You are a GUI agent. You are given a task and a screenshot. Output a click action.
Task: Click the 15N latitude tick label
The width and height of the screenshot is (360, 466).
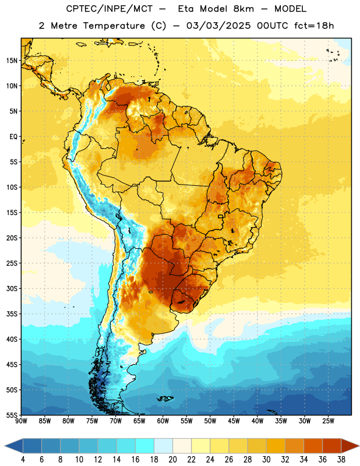point(12,61)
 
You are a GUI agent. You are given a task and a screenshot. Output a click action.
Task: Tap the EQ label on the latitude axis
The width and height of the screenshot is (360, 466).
point(13,137)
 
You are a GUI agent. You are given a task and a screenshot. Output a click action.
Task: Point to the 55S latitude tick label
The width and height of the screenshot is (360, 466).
point(12,415)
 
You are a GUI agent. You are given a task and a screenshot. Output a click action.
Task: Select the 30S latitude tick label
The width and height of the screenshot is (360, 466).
point(12,288)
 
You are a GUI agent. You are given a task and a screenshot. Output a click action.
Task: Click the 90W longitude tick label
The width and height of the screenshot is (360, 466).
point(22,421)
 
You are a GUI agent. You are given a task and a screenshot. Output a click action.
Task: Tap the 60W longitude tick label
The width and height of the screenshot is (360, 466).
point(163,421)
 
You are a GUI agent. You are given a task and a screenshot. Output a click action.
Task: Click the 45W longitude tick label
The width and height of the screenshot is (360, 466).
point(234,421)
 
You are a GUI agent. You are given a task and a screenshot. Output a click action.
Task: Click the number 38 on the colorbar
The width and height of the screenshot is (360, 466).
point(341,460)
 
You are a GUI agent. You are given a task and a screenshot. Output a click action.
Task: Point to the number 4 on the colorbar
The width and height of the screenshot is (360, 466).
point(23,460)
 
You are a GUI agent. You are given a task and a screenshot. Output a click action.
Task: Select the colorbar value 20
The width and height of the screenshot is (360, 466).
point(172,460)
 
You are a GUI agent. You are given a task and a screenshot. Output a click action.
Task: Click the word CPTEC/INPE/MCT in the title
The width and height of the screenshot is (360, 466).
point(109,9)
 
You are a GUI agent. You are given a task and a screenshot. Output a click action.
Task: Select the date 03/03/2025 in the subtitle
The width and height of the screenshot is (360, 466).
point(219,26)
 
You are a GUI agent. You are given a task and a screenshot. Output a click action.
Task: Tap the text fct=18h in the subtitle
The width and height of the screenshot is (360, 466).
point(314,26)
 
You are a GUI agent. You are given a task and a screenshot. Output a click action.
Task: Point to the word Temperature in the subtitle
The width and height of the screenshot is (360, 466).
point(114,26)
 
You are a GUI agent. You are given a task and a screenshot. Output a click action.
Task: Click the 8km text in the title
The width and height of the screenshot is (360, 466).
point(243,9)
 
